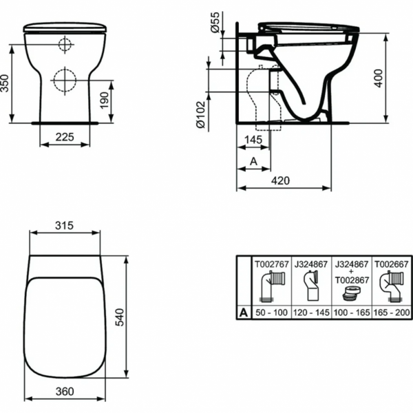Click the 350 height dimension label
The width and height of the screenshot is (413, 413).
tap(5, 83)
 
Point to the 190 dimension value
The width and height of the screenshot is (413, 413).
tap(105, 100)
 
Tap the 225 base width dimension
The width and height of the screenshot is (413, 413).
tap(65, 137)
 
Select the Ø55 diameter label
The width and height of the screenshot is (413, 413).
tap(215, 22)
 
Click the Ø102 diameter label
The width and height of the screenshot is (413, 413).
tap(201, 115)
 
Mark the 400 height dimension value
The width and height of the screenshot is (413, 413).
tap(378, 78)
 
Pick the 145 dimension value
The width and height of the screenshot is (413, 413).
tap(253, 140)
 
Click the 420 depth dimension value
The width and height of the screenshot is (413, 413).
tap(281, 180)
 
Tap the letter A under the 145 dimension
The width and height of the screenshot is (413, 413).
tap(253, 161)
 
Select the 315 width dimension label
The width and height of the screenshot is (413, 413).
tap(64, 226)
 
